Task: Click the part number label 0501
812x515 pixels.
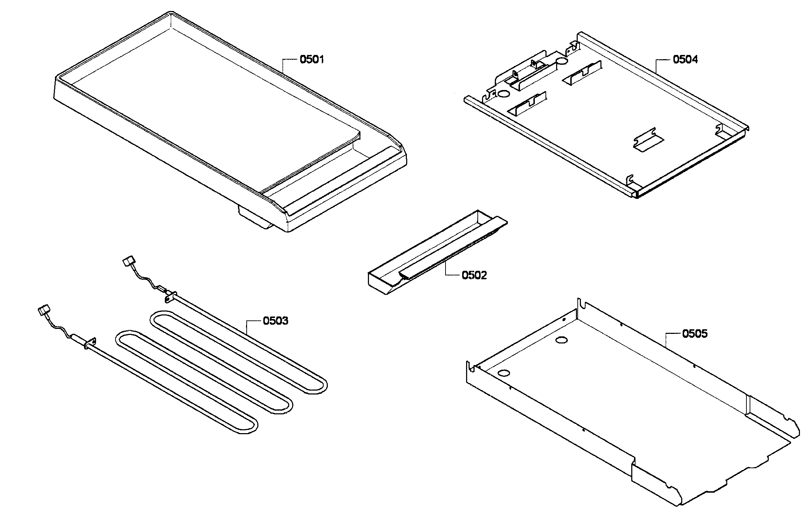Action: [312, 59]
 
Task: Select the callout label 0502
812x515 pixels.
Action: [474, 275]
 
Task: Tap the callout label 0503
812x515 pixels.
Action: [275, 321]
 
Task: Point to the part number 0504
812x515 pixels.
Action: [685, 60]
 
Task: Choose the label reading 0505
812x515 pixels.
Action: [695, 334]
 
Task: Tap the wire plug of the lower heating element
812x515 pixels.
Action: [43, 311]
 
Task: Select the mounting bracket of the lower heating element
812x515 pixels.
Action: [90, 343]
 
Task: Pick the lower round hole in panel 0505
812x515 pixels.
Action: [503, 373]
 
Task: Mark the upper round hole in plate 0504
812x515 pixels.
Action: [562, 62]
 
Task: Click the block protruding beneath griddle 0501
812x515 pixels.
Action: [253, 218]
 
